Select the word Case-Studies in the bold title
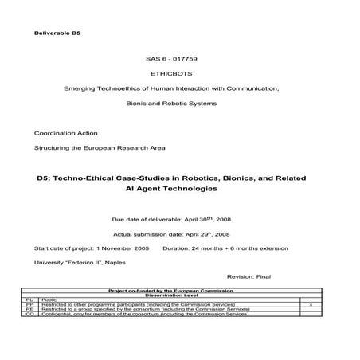(x=147, y=179)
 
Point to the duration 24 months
(x=215, y=248)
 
